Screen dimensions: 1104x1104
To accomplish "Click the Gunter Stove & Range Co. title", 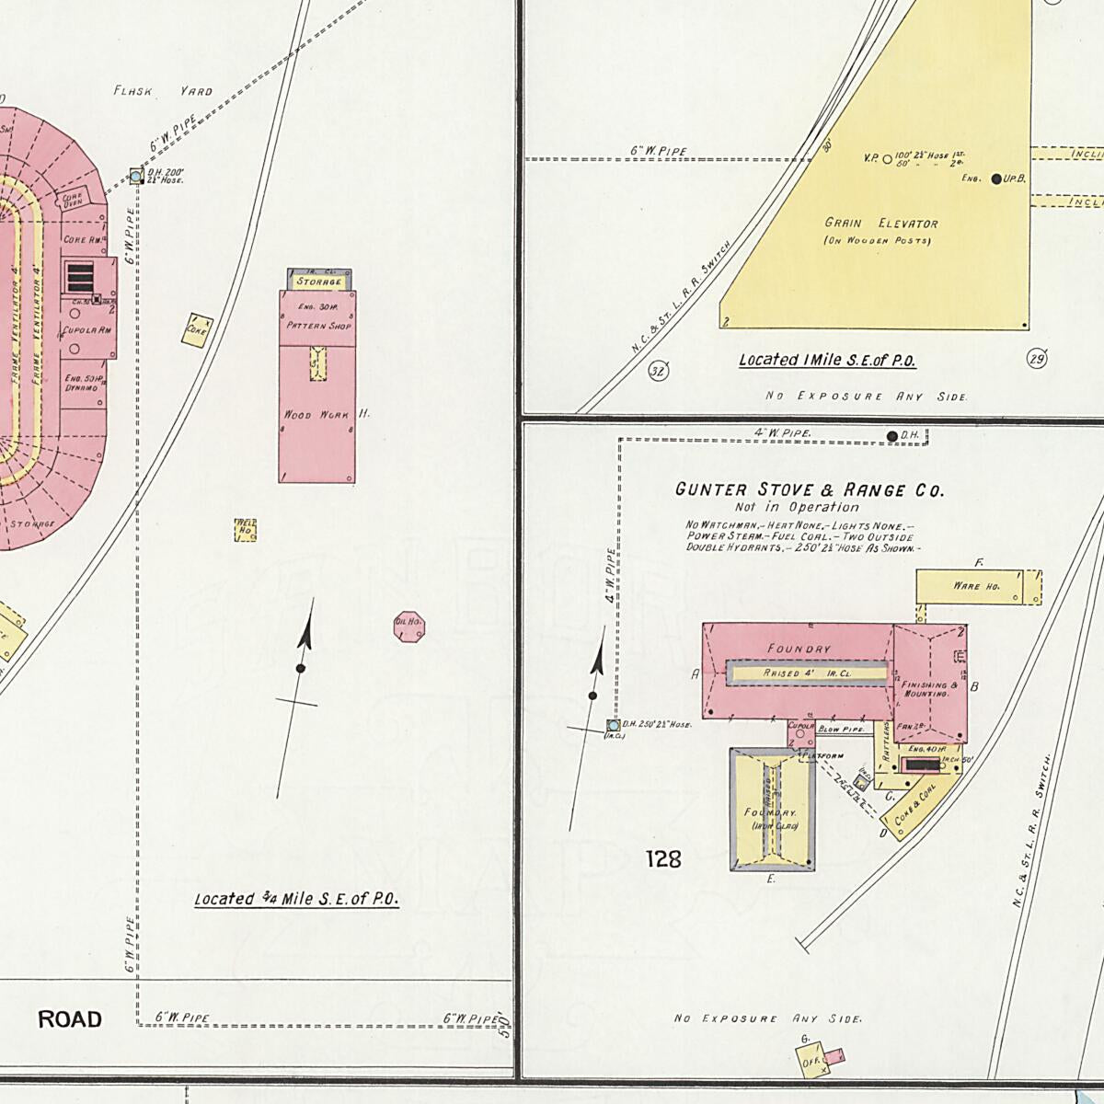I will click(x=810, y=490).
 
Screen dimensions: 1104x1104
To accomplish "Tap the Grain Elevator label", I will click(x=880, y=224).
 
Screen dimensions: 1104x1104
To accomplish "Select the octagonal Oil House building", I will click(x=408, y=624).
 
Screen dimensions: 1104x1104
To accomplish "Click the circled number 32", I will click(x=658, y=372).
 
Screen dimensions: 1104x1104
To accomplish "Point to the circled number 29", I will click(x=1037, y=359).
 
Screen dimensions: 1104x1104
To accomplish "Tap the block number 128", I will click(x=663, y=859).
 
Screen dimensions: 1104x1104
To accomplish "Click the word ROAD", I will click(x=70, y=1019).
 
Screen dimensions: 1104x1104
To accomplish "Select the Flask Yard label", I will click(x=163, y=91).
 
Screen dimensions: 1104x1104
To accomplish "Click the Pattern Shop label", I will click(x=318, y=327).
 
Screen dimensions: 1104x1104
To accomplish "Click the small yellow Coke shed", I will click(x=195, y=329).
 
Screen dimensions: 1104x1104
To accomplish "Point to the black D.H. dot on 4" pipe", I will click(x=891, y=436).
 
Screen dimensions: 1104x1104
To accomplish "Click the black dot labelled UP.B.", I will click(x=995, y=179).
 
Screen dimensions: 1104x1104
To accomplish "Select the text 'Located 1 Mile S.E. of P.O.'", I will click(x=827, y=361).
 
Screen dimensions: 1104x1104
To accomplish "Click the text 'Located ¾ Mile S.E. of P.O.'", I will click(x=296, y=900).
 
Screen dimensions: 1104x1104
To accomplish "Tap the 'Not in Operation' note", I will click(x=797, y=507).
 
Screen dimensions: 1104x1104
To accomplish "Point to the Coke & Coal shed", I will click(x=916, y=807).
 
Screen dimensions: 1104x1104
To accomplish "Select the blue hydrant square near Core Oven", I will click(x=136, y=175).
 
